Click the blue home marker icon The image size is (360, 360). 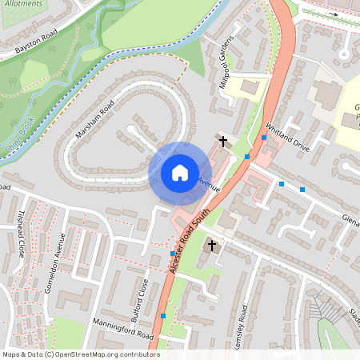tap(180, 172)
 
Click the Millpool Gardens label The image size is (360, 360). tap(229, 62)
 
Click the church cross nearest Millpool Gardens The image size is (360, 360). tap(222, 142)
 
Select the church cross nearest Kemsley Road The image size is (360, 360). tap(212, 244)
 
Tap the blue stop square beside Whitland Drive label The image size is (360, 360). tap(263, 138)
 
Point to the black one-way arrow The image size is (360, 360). tap(333, 14)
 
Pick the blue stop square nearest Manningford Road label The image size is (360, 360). tap(163, 316)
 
